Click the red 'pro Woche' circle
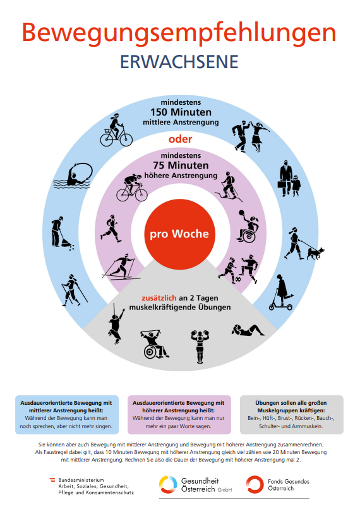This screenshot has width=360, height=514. point(179,234)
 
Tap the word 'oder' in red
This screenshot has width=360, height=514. point(180,139)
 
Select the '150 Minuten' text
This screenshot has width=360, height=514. point(181,112)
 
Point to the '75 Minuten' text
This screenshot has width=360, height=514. point(181,165)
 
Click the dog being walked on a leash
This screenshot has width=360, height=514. point(315,253)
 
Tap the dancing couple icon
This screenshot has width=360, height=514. point(251,136)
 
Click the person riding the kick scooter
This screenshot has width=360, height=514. point(281,292)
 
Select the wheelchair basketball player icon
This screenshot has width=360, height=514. point(248,226)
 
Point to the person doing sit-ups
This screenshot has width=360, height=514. point(248,330)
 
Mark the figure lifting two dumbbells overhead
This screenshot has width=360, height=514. point(200,347)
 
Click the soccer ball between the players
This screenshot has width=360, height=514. point(237,279)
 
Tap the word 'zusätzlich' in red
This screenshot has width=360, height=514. point(159,298)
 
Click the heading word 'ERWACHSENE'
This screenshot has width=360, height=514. point(179,62)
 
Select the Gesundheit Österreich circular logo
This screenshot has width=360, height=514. point(168,484)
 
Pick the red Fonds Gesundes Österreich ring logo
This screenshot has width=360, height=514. point(255,484)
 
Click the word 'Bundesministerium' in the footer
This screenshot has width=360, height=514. point(81,480)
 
